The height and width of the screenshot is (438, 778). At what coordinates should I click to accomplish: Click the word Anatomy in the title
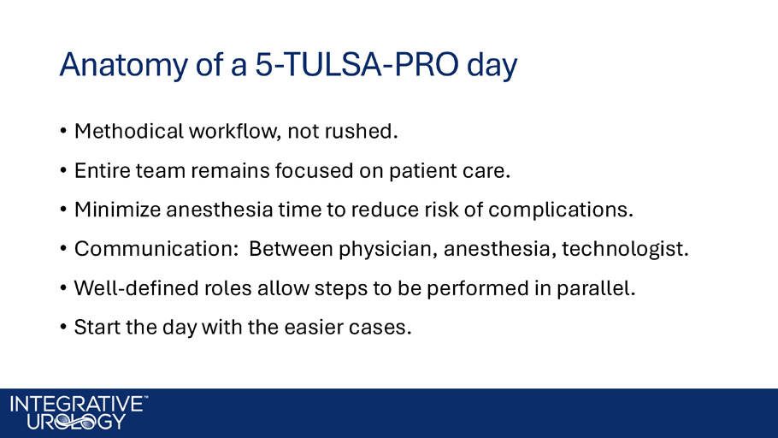[124, 65]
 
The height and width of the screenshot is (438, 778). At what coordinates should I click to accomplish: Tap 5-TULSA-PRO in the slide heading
[357, 64]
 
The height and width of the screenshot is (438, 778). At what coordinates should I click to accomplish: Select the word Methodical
[129, 131]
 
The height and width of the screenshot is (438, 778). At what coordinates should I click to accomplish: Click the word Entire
[102, 170]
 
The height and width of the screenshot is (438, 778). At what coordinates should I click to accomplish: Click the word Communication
[156, 249]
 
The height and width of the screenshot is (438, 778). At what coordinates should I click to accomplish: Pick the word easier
[314, 328]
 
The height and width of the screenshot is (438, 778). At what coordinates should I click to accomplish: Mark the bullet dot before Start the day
[63, 328]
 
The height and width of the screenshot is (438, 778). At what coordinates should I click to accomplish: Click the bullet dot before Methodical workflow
[63, 131]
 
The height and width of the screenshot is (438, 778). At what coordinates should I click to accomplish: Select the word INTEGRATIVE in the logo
[76, 404]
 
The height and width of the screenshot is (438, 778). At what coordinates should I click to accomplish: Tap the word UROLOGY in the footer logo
[76, 422]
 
